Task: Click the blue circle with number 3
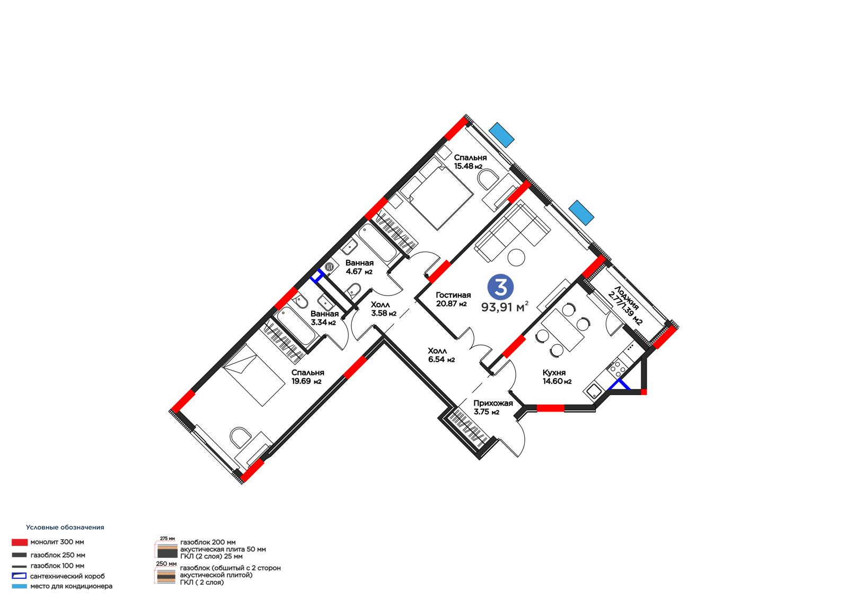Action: click(500, 287)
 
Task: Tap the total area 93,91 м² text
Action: click(505, 307)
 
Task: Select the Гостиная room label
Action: click(453, 295)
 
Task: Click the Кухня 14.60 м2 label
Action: click(557, 377)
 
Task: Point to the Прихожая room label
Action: click(493, 404)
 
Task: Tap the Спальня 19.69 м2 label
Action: click(307, 377)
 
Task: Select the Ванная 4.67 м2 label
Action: click(359, 267)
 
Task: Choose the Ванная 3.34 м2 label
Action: click(324, 318)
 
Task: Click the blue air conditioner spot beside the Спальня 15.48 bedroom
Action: click(501, 135)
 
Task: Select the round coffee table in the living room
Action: click(516, 258)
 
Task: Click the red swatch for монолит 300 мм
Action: click(20, 542)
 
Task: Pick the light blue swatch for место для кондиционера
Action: click(19, 586)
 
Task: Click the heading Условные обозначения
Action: click(65, 527)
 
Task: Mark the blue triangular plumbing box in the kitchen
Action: click(619, 385)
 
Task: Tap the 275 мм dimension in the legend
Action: click(167, 538)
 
